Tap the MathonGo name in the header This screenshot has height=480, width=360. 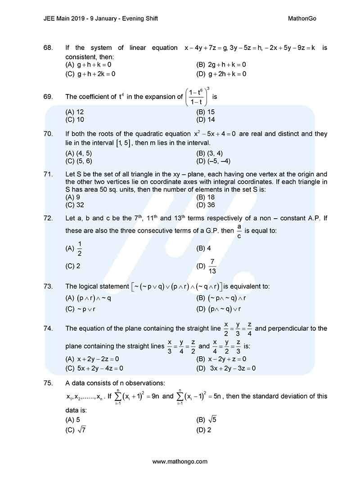[x=303, y=18]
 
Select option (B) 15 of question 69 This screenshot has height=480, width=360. [x=205, y=112]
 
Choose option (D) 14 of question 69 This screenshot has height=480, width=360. [x=206, y=120]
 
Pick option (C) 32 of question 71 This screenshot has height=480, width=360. [x=75, y=205]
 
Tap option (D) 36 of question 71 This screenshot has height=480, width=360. [x=206, y=205]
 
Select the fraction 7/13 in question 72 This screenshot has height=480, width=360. [x=212, y=267]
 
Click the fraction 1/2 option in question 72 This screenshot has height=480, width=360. [x=80, y=248]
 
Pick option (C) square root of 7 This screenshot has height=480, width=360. [x=76, y=430]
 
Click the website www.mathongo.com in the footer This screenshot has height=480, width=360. [x=180, y=462]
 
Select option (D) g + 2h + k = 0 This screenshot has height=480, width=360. [x=221, y=74]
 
